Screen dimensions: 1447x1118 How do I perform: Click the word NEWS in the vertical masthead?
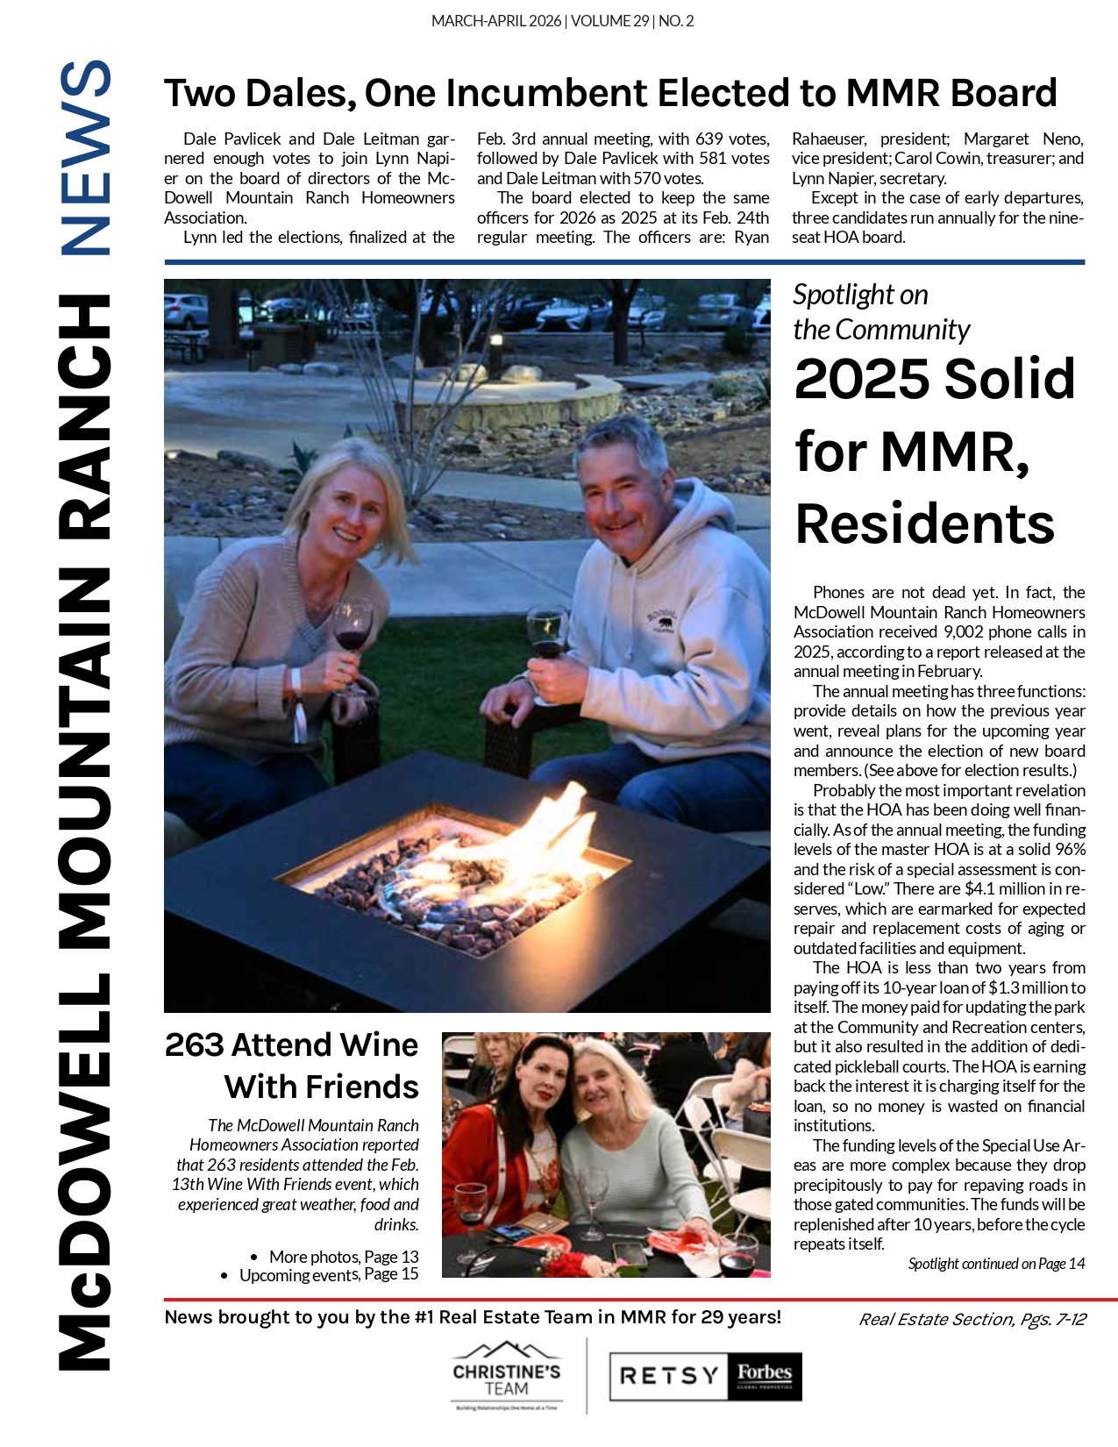(x=85, y=158)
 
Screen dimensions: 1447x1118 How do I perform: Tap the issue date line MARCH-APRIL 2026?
(x=496, y=21)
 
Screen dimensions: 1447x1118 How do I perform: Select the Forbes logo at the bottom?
(x=764, y=1375)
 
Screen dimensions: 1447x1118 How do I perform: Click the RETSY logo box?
(x=669, y=1376)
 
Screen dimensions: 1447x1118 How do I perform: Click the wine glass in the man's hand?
(x=547, y=633)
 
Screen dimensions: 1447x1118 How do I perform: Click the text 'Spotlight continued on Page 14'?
(x=996, y=1264)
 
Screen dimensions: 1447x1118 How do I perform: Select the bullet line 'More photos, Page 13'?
(x=343, y=1257)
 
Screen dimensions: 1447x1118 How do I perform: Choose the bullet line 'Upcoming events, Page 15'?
(x=329, y=1275)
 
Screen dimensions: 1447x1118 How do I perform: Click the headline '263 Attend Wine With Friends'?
(x=292, y=1066)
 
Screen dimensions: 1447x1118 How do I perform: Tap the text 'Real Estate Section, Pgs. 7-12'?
(x=972, y=1320)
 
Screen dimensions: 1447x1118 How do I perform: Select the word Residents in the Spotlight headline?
(x=924, y=524)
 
